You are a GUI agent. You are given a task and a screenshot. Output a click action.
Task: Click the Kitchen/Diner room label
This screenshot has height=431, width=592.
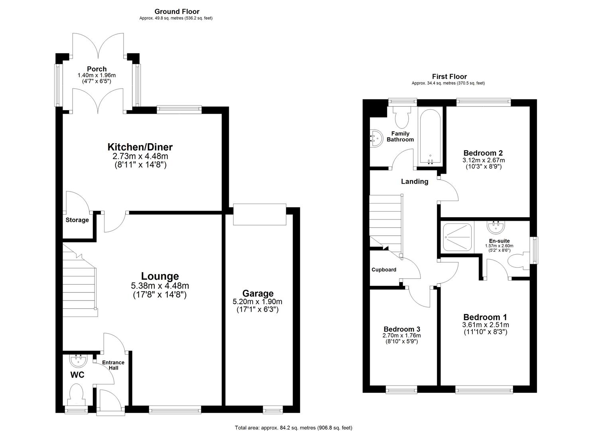[140, 147]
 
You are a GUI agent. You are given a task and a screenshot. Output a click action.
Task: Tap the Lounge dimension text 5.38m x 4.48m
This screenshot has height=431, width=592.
[159, 286]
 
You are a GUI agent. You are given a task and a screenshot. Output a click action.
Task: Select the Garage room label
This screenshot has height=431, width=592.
[258, 294]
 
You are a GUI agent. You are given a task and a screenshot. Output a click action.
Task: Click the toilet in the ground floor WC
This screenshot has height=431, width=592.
[75, 393]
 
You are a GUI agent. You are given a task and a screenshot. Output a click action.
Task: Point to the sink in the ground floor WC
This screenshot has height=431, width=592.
[77, 360]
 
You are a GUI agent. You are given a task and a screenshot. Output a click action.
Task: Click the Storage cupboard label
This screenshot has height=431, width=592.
[77, 220]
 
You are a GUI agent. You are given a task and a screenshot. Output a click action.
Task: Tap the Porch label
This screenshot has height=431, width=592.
[97, 69]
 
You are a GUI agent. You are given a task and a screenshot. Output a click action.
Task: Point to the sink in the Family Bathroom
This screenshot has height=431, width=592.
[376, 138]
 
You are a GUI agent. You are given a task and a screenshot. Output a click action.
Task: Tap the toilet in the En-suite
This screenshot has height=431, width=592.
[518, 261]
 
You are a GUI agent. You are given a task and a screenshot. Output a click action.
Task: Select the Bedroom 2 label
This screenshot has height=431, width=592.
[483, 153]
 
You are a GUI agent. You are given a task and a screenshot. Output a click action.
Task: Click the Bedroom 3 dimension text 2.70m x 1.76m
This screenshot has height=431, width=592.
[401, 336]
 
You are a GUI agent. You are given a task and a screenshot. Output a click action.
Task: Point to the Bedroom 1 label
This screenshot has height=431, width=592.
[484, 317]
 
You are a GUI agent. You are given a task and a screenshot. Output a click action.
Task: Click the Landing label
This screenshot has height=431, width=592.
[414, 182]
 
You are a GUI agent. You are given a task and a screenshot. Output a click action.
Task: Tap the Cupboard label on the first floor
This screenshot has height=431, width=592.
[384, 270]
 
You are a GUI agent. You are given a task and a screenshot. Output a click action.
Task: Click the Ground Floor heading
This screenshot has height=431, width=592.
[177, 12]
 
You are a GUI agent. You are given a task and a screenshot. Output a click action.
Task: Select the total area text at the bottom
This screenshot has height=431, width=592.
[293, 428]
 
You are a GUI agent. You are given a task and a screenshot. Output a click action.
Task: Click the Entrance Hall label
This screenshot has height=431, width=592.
[113, 365]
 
